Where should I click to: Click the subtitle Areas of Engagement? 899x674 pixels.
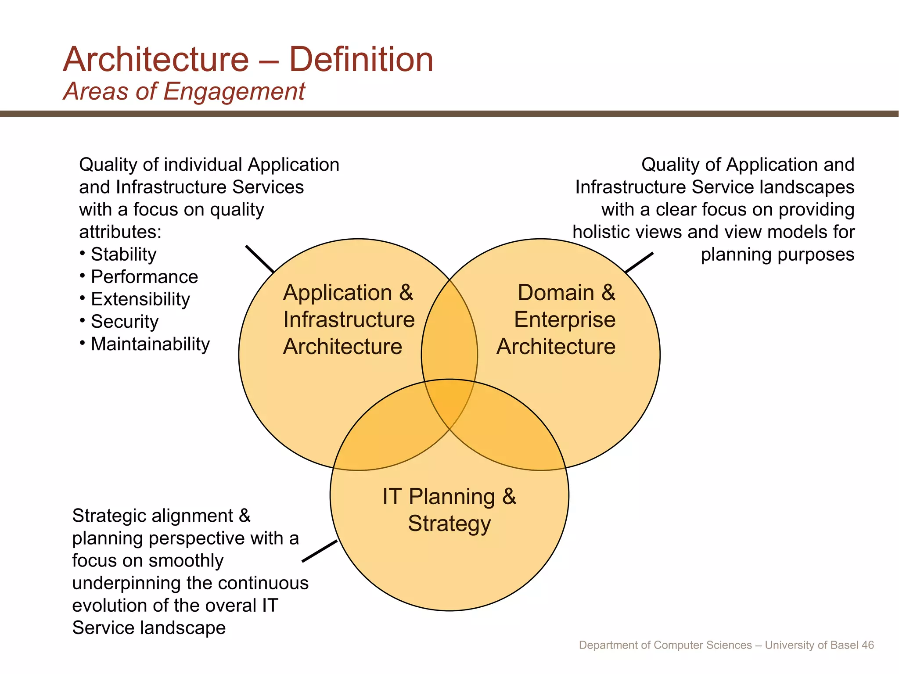click(184, 92)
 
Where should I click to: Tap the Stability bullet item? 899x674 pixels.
click(123, 255)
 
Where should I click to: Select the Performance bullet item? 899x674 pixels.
click(144, 277)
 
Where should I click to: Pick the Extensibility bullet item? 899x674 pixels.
click(140, 299)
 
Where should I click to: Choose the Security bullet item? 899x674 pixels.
click(124, 322)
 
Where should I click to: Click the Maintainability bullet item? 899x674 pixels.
click(150, 344)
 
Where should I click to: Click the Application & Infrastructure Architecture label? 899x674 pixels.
click(349, 319)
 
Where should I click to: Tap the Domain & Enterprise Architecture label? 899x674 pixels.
click(556, 319)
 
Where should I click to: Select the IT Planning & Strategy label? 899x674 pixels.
click(449, 510)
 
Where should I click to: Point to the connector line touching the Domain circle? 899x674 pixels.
click(639, 262)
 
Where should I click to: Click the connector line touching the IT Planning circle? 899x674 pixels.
click(320, 551)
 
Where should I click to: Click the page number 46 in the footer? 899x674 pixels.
click(867, 645)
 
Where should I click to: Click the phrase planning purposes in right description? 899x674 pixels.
click(777, 255)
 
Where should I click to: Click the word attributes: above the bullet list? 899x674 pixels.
click(120, 232)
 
